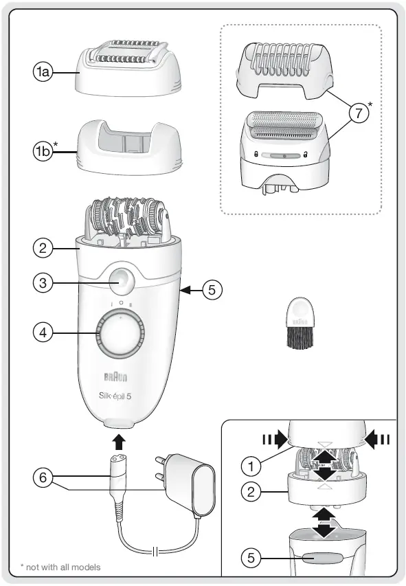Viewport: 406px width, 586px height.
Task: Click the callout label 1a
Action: tap(44, 70)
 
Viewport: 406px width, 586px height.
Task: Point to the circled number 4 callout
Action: tap(43, 333)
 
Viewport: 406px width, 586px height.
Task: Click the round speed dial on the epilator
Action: tap(122, 335)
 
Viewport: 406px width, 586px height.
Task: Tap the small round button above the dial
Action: tap(121, 280)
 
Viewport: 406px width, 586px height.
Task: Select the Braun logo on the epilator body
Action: tap(115, 376)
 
